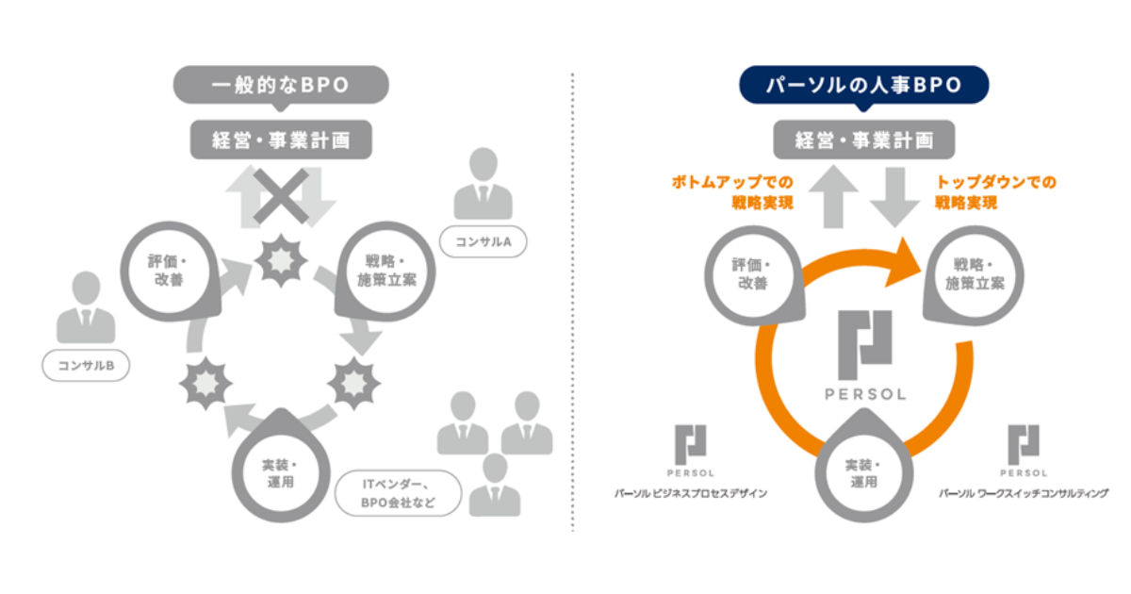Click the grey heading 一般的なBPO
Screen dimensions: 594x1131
[281, 85]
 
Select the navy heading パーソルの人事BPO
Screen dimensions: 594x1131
[863, 85]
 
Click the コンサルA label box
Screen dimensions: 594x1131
[483, 242]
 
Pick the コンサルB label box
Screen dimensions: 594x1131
[87, 366]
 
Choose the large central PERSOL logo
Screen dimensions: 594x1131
[865, 355]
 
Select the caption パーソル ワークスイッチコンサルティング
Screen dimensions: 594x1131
[1023, 493]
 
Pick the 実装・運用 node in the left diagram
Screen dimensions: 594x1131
[280, 472]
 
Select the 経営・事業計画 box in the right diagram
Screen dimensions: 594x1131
[863, 140]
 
